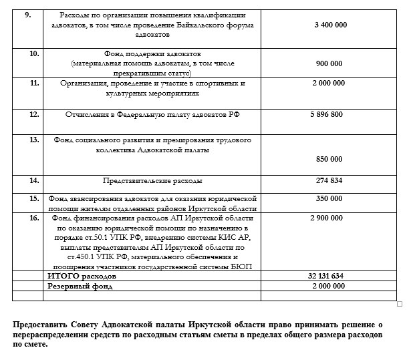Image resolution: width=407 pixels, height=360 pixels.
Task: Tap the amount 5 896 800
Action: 328,115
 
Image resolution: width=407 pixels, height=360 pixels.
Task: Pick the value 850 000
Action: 328,159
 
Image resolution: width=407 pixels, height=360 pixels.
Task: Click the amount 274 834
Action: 328,180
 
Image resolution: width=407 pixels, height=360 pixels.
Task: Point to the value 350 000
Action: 328,198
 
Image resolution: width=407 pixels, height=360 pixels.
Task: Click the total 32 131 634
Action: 326,276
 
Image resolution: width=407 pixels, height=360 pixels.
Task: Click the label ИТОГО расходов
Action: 82,276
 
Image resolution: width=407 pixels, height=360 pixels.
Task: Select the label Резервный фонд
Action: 80,286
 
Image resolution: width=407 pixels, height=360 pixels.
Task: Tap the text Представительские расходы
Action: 153,180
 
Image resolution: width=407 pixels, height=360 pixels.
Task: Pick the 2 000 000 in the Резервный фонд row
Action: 328,286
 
